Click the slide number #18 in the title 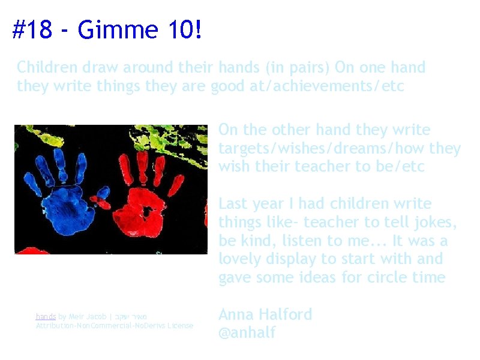click(32, 29)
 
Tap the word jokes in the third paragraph click(437, 223)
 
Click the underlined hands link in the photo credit click(46, 316)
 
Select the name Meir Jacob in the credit click(88, 316)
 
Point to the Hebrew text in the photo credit click(133, 316)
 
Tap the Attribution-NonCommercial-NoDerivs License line click(115, 325)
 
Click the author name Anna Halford click(265, 314)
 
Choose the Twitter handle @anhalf click(247, 333)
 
